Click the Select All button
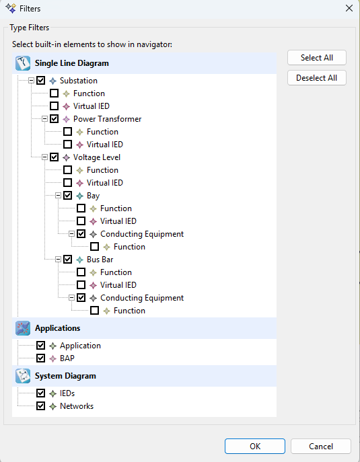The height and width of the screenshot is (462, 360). (x=317, y=57)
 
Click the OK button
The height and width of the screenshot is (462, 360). (x=255, y=446)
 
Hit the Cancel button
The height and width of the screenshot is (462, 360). (x=321, y=446)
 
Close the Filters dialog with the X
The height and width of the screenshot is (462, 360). (x=349, y=8)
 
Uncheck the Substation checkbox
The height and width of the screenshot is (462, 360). (x=40, y=81)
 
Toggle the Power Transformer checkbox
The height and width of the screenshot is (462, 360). (x=54, y=119)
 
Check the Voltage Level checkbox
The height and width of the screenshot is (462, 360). (x=54, y=157)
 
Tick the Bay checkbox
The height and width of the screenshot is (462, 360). (x=67, y=195)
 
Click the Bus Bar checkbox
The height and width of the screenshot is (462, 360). (x=67, y=260)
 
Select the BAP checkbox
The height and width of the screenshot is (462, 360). (x=40, y=358)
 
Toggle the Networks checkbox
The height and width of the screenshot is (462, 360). (x=40, y=406)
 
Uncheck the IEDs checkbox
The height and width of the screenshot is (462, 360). (x=40, y=393)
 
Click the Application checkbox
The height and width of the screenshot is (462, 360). (x=40, y=345)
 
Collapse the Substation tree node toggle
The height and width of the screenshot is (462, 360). (x=31, y=81)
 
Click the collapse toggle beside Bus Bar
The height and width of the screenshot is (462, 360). (x=58, y=260)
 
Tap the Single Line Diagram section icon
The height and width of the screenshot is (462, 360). (x=23, y=63)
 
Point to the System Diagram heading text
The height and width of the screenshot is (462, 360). (x=65, y=376)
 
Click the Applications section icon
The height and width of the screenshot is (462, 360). (x=23, y=328)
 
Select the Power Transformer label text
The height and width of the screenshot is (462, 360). (x=107, y=119)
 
